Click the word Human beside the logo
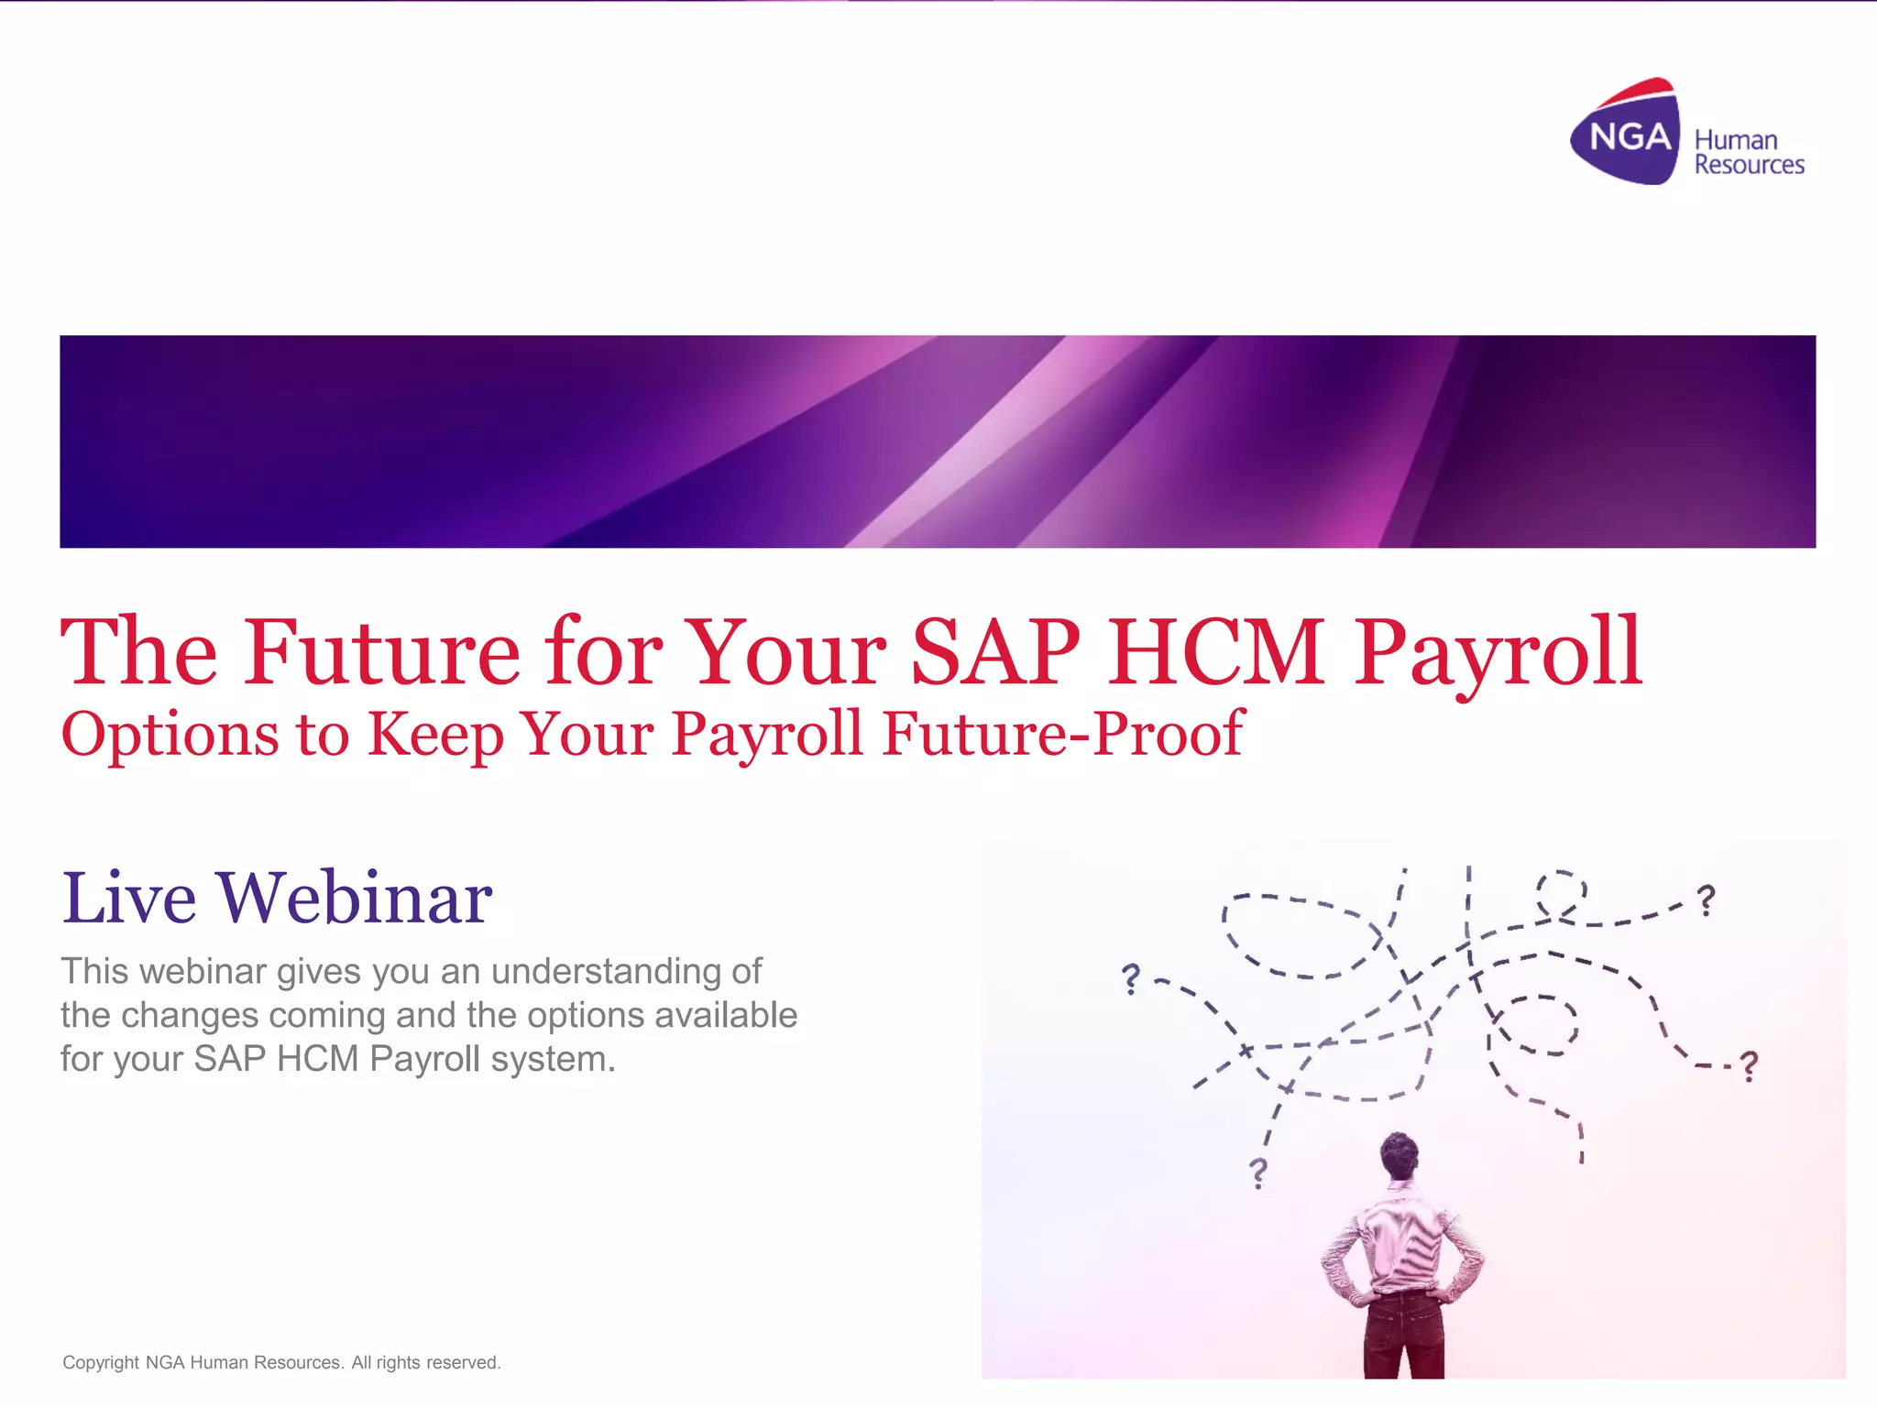(x=1735, y=140)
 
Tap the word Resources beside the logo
(x=1749, y=165)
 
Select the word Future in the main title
(x=381, y=652)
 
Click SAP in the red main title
(x=995, y=652)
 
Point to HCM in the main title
(x=1215, y=652)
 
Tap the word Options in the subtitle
(x=170, y=735)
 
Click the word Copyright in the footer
(x=101, y=1362)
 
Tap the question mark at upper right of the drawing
(x=1706, y=900)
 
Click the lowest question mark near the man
(x=1258, y=1172)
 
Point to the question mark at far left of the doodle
(x=1132, y=978)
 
